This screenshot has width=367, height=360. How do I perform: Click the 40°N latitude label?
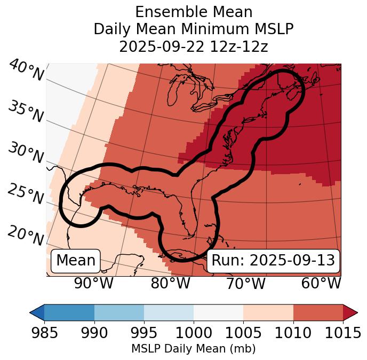26,71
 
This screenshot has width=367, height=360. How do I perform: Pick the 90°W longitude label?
93,283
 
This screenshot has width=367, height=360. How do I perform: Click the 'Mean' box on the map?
76,261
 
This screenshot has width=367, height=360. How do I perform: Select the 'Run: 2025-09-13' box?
273,261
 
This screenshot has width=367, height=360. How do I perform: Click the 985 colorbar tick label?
44,333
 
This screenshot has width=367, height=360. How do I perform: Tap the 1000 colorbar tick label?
194,333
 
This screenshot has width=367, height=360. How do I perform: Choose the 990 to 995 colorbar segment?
119,312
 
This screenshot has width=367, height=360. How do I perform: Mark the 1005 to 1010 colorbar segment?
268,312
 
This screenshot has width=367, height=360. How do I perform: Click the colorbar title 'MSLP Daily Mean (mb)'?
193,349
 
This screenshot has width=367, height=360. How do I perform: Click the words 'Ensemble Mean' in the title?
193,12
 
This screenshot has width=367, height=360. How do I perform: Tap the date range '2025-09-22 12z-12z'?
193,46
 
